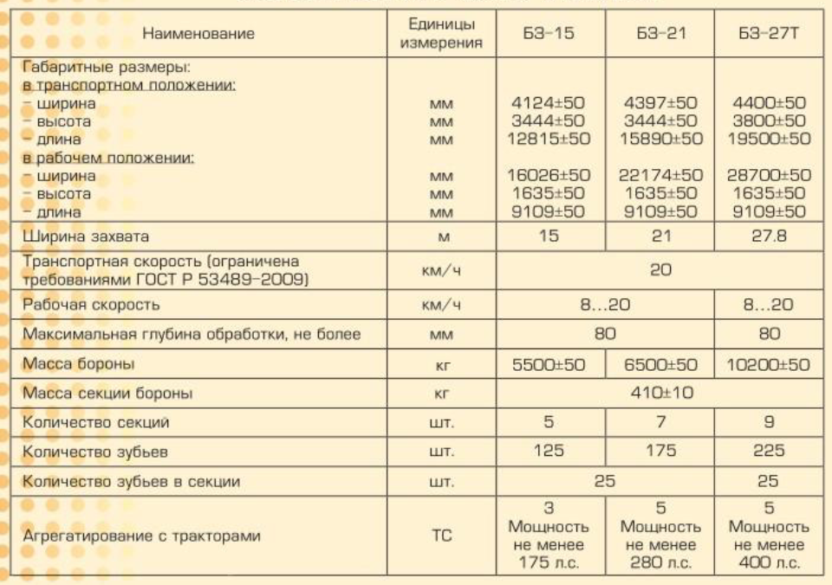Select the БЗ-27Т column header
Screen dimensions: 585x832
click(768, 34)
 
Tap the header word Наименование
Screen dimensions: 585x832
click(198, 34)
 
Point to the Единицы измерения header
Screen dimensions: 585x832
click(441, 34)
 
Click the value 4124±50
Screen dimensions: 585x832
click(548, 103)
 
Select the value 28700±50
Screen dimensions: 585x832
click(769, 176)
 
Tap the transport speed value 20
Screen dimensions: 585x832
click(660, 270)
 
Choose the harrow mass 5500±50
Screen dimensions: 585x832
click(548, 365)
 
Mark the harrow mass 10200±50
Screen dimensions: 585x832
click(769, 365)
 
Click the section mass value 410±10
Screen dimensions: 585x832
click(660, 393)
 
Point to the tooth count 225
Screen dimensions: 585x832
click(768, 452)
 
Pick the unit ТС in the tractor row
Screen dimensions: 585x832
click(442, 536)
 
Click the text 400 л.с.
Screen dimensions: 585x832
click(769, 563)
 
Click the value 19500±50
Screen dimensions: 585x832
click(769, 139)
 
